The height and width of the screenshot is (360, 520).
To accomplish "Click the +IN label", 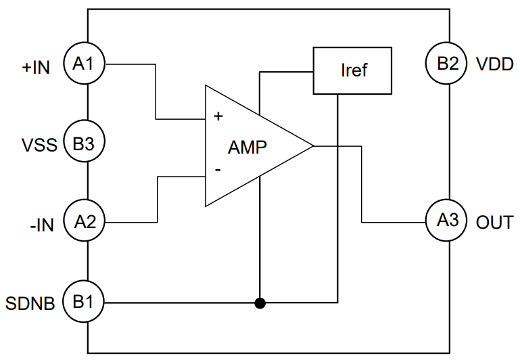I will click(36, 68).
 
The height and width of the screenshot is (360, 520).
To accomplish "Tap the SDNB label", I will click(30, 302).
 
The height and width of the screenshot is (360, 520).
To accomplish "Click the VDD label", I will click(495, 66).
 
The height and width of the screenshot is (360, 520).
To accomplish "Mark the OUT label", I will click(494, 222).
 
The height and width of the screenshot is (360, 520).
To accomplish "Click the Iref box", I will click(352, 70).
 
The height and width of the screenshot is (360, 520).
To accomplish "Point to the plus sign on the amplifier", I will click(218, 116).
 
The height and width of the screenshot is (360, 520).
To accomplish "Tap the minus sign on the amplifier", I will click(217, 171).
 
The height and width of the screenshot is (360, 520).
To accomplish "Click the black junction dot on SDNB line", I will click(259, 302).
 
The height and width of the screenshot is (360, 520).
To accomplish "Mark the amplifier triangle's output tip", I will click(313, 145).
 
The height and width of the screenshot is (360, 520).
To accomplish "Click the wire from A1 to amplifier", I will click(157, 91).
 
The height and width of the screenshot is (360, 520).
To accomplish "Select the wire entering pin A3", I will click(392, 221).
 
